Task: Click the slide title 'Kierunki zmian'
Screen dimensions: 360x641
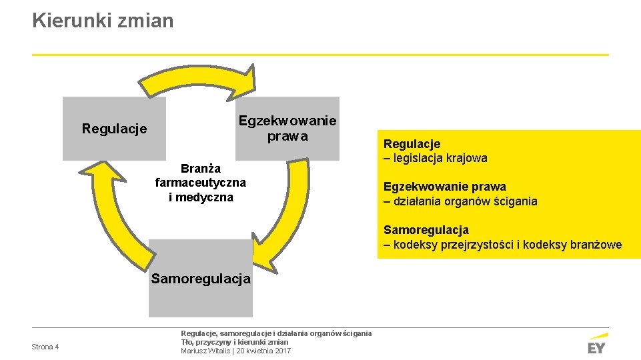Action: (103, 21)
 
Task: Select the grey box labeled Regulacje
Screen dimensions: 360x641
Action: (114, 129)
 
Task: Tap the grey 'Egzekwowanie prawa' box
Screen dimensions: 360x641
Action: (287, 129)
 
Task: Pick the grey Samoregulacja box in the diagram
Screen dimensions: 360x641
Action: (201, 279)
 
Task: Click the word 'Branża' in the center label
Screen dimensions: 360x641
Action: (201, 168)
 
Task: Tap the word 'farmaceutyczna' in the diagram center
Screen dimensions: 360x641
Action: (201, 183)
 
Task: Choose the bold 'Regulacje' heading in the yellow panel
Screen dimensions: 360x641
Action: (412, 144)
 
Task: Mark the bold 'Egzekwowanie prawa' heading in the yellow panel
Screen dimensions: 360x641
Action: (444, 187)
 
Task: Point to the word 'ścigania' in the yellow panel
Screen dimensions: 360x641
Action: (516, 201)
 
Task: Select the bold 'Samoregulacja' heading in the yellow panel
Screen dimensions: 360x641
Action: (426, 230)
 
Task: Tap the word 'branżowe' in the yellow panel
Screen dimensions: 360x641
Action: (596, 245)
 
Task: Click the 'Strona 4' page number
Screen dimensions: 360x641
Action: (45, 347)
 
